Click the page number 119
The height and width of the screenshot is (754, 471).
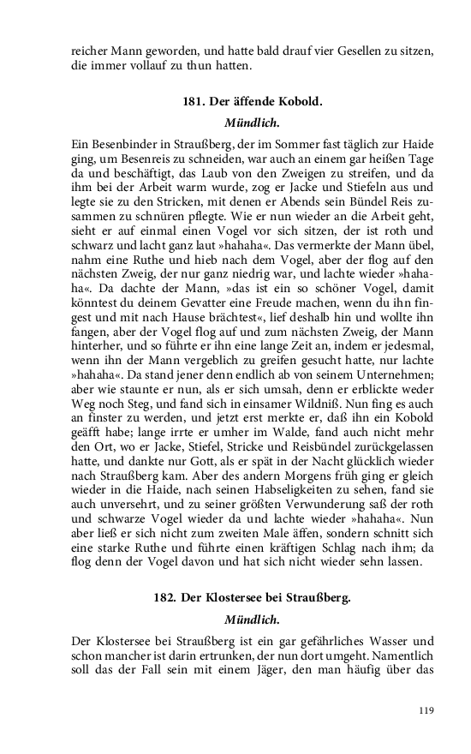point(427,709)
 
